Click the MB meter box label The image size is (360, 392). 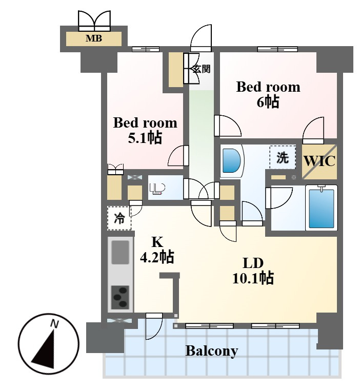tap(94, 38)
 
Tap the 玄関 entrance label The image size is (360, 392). tap(201, 69)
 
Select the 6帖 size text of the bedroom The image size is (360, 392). tap(268, 102)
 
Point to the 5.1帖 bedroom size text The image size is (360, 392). tap(145, 137)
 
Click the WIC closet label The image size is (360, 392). tap(319, 161)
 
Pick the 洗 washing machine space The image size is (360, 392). tap(283, 157)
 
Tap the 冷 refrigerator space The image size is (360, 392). tap(119, 218)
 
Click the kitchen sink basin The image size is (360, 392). tap(121, 252)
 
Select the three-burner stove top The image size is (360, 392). tap(121, 297)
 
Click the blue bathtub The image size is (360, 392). tap(321, 209)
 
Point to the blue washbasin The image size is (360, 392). tap(231, 161)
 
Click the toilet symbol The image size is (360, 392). tap(157, 189)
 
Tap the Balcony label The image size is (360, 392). tap(212, 351)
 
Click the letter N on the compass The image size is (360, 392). tap(54, 324)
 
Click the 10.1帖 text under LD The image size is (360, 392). tap(253, 278)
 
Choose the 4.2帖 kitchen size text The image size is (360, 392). tap(156, 257)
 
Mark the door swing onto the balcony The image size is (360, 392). tap(154, 326)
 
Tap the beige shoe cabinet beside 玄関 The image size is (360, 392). tap(175, 70)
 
